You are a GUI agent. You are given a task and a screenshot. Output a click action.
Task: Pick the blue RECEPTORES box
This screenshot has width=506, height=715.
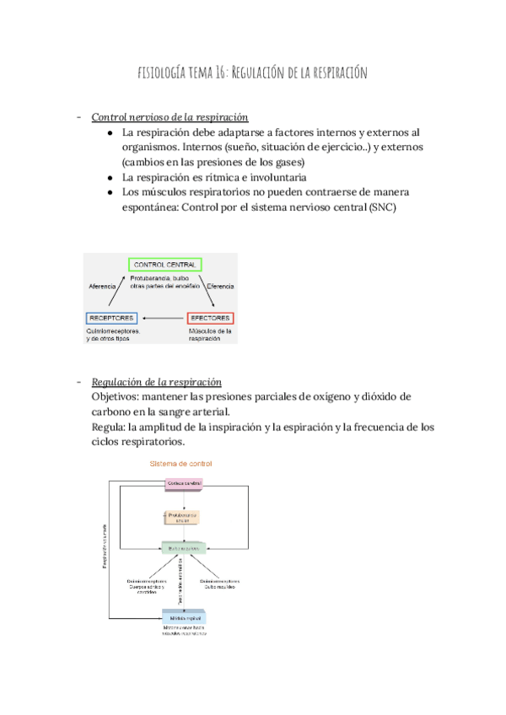(x=110, y=318)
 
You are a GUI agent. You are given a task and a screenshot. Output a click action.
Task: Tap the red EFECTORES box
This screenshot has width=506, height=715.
(x=210, y=318)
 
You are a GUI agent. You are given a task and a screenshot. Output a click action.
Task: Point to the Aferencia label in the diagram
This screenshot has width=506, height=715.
(x=102, y=287)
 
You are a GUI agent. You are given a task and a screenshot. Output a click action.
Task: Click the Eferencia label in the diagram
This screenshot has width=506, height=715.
(x=219, y=287)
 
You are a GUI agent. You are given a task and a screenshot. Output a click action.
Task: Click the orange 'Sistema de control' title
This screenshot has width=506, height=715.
(x=180, y=464)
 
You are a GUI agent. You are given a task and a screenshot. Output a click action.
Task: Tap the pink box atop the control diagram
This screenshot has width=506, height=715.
(x=185, y=483)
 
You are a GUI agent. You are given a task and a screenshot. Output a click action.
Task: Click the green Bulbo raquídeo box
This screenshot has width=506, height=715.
(x=185, y=547)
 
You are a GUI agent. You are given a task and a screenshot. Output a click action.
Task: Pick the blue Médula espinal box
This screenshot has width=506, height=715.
(x=185, y=617)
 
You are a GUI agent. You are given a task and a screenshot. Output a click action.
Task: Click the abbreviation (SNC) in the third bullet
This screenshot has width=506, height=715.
(x=380, y=208)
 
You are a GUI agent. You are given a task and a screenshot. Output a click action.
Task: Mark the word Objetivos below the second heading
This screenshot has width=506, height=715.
(x=118, y=396)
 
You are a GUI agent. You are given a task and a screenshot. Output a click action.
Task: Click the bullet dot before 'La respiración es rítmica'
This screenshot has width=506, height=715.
(x=111, y=178)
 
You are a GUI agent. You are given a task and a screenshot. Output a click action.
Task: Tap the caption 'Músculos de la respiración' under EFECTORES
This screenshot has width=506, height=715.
(x=211, y=336)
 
